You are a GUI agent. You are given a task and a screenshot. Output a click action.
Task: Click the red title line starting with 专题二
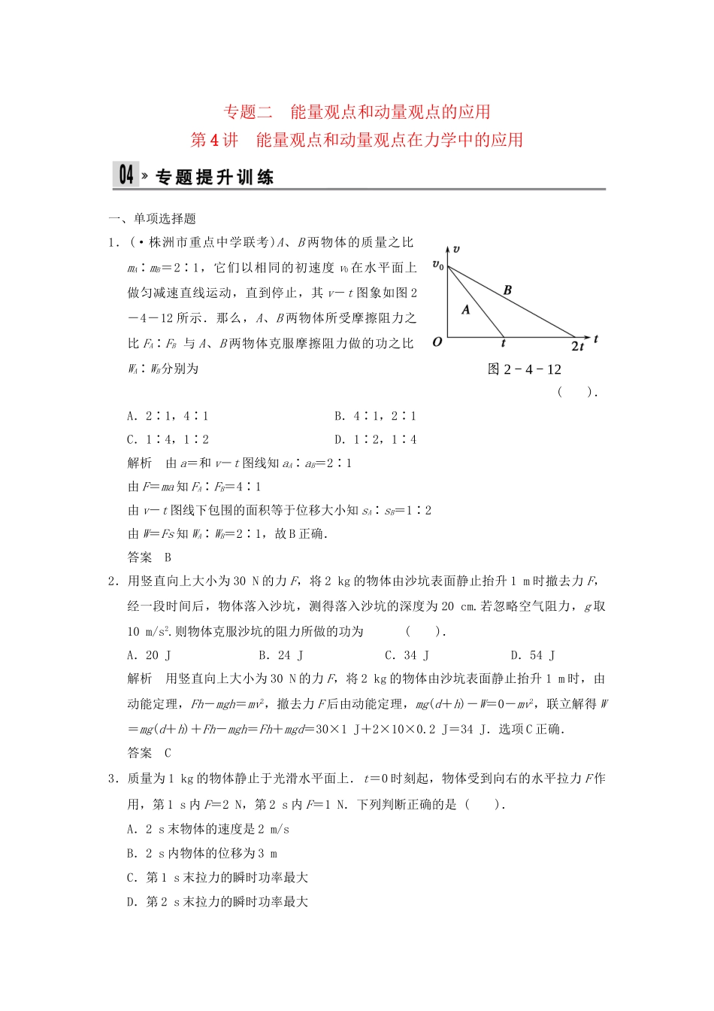coord(357,112)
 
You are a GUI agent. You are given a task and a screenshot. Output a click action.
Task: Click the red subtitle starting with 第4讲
coord(357,140)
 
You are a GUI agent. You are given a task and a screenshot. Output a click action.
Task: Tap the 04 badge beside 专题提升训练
coord(126,175)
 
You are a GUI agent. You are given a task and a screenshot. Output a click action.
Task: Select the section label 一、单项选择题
coord(153,219)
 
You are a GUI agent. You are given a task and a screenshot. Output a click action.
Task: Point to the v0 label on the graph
coord(437,265)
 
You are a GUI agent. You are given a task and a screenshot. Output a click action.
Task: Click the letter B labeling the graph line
coord(507,290)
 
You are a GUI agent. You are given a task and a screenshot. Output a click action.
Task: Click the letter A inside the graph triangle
coord(465,309)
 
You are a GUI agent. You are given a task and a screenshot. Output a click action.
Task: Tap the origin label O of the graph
coord(437,342)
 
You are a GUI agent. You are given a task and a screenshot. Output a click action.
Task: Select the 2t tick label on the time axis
coord(577,346)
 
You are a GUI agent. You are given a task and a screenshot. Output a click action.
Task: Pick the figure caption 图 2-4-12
coord(524,369)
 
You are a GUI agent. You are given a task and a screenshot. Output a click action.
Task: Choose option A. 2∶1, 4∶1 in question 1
coord(168,416)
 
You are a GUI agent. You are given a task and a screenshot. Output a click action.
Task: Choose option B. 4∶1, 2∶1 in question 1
coord(375,416)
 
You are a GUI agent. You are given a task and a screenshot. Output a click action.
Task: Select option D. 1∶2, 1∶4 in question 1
coord(375,439)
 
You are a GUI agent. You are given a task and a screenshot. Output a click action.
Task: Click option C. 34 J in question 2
coord(407,655)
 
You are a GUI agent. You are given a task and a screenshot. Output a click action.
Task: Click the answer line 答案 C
coord(150,753)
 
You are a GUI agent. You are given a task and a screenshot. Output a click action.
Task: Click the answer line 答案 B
coord(150,557)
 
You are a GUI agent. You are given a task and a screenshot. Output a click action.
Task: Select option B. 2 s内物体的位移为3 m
coord(202,854)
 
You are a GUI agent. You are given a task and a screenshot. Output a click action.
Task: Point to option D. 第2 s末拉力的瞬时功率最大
coord(217,902)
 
